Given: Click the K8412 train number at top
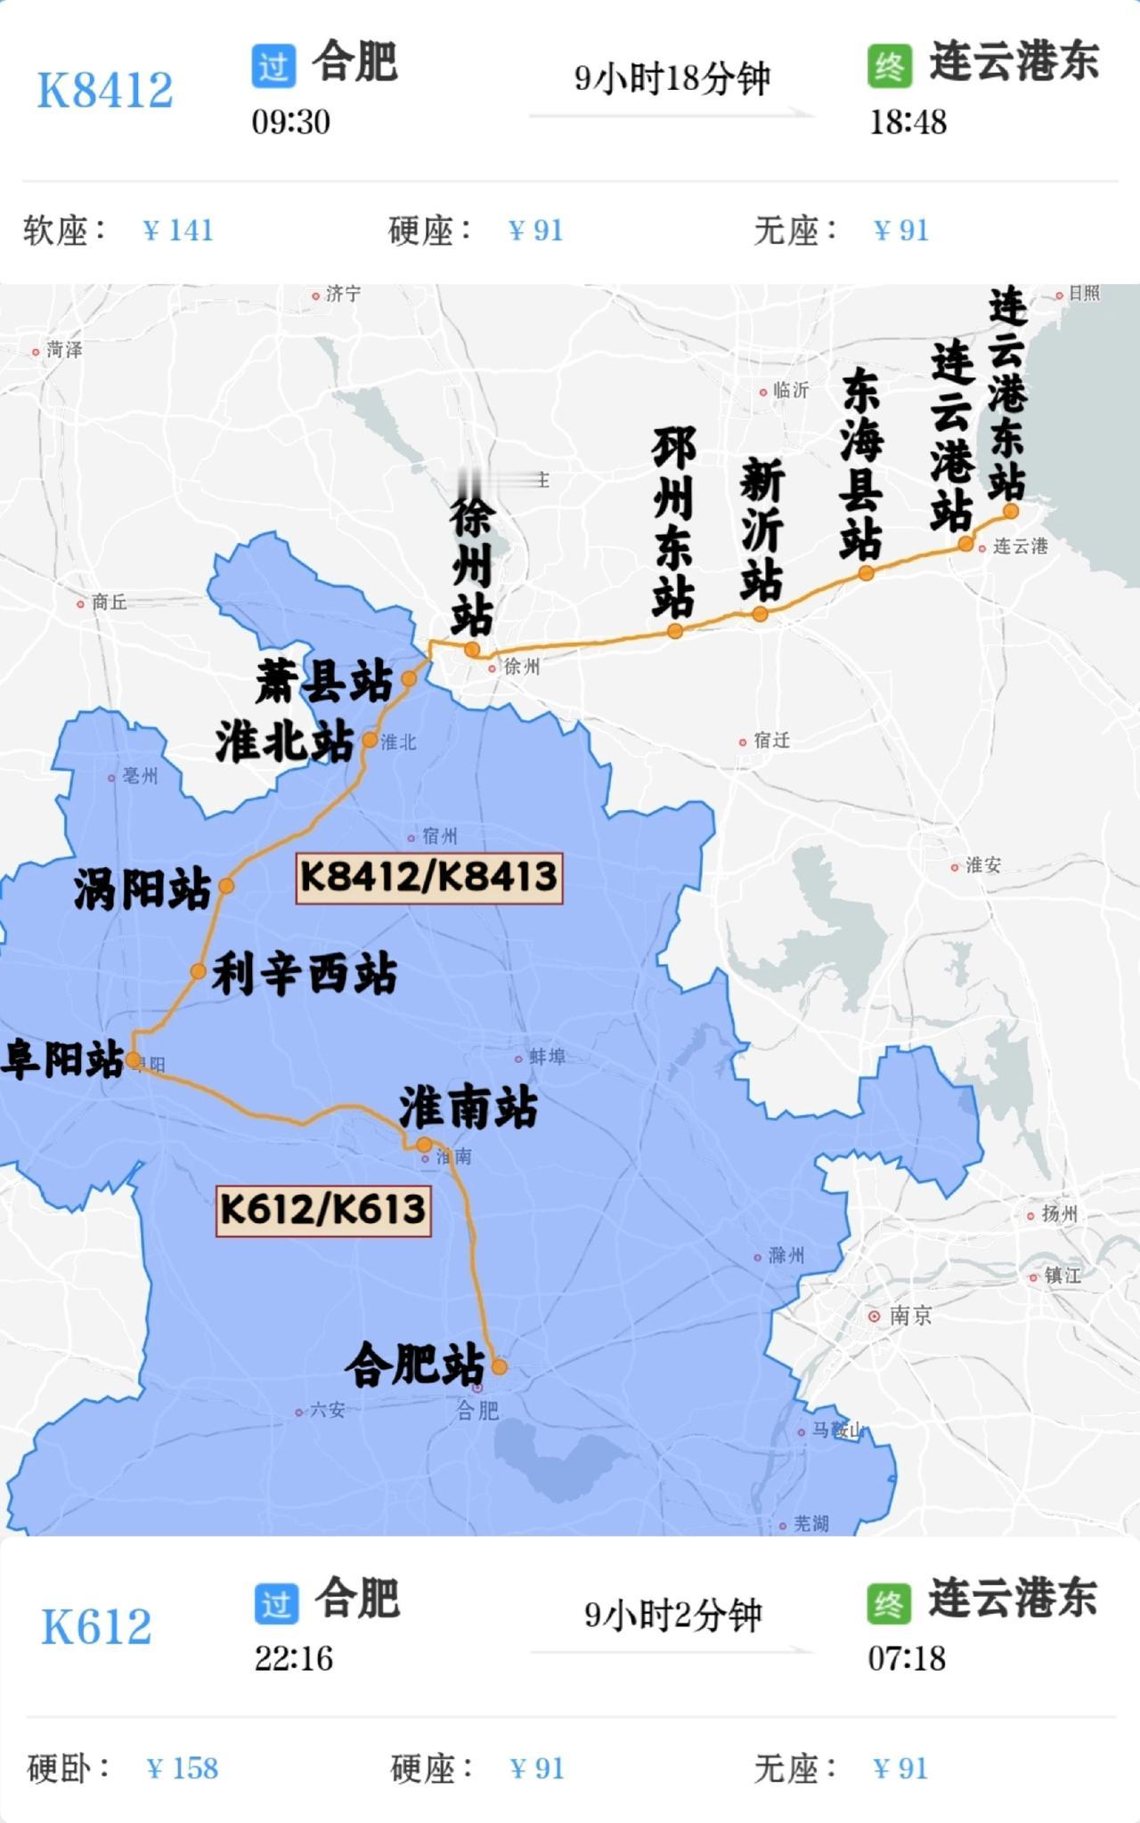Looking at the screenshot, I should tap(104, 90).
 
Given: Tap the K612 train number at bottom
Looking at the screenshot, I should tap(96, 1626).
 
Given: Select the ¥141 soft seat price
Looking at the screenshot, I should tap(178, 231).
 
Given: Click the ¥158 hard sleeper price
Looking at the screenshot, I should tap(183, 1768).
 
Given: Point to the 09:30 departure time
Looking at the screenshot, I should tap(290, 122).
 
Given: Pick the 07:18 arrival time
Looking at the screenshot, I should tap(907, 1658).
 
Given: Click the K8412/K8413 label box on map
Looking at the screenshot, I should tap(429, 878).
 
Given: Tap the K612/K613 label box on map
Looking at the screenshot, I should tap(323, 1210).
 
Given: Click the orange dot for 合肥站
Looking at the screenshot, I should tap(499, 1366).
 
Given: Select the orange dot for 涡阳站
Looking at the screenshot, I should tap(226, 886).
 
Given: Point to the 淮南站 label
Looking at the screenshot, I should tap(468, 1107).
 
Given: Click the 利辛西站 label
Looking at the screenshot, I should tap(305, 974).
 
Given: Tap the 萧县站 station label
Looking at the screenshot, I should tap(324, 682).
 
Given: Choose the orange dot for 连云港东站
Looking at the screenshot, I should tap(1011, 511).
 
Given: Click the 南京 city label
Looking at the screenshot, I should tap(909, 1316).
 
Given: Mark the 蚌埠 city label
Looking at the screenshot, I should tap(547, 1057).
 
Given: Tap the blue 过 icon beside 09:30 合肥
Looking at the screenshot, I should tap(273, 67).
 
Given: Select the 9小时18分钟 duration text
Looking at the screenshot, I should tap(672, 78).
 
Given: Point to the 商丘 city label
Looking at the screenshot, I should tap(109, 603).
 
